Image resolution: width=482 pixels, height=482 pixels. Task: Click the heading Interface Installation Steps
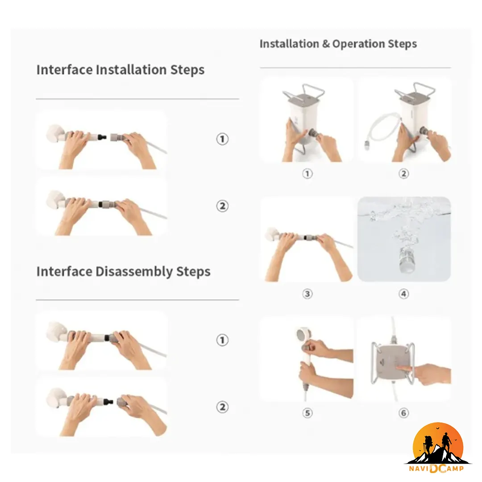(120, 70)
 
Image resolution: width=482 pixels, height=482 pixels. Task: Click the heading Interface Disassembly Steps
(123, 272)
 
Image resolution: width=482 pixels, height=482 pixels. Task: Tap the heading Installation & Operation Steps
(338, 44)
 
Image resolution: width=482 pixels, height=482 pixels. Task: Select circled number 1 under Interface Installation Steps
(222, 139)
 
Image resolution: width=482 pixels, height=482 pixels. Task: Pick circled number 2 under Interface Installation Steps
(222, 206)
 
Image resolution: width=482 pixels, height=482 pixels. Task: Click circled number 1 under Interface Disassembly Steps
(222, 340)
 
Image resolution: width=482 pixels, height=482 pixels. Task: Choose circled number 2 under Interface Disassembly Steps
(222, 407)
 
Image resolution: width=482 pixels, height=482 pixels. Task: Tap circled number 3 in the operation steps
(307, 294)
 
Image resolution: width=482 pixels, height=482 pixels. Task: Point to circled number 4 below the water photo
(403, 294)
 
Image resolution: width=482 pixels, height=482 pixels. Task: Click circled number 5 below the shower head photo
(307, 413)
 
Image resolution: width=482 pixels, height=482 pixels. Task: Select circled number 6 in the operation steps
(403, 413)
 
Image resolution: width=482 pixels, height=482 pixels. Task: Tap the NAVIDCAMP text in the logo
(436, 469)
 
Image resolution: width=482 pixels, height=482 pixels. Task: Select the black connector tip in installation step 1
(103, 137)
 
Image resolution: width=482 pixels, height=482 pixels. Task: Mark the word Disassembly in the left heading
(134, 272)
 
